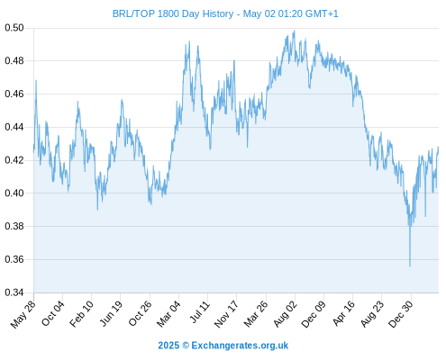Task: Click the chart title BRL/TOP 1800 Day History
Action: tap(173, 13)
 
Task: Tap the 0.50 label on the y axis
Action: tap(14, 28)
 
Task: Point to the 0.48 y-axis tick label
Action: tap(14, 61)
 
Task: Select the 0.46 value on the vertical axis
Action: tap(14, 94)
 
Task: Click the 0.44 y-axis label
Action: tap(14, 127)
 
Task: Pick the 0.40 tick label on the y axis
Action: tap(14, 193)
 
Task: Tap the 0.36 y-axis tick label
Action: tap(14, 259)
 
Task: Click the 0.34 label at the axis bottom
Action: tap(14, 292)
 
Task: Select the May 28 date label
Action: tap(23, 314)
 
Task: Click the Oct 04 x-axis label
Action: tap(52, 313)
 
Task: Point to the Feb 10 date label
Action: tap(81, 314)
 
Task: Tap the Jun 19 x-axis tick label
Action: tap(111, 313)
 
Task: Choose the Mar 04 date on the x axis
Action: tap(168, 314)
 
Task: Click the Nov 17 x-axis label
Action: tap(226, 314)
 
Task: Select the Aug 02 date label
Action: tap(285, 314)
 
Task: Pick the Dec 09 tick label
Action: tap(314, 314)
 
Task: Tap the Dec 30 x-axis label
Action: tap(400, 314)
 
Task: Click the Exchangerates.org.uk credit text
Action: tap(240, 346)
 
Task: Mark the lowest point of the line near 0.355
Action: tap(410, 266)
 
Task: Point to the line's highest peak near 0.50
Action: tap(295, 31)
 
